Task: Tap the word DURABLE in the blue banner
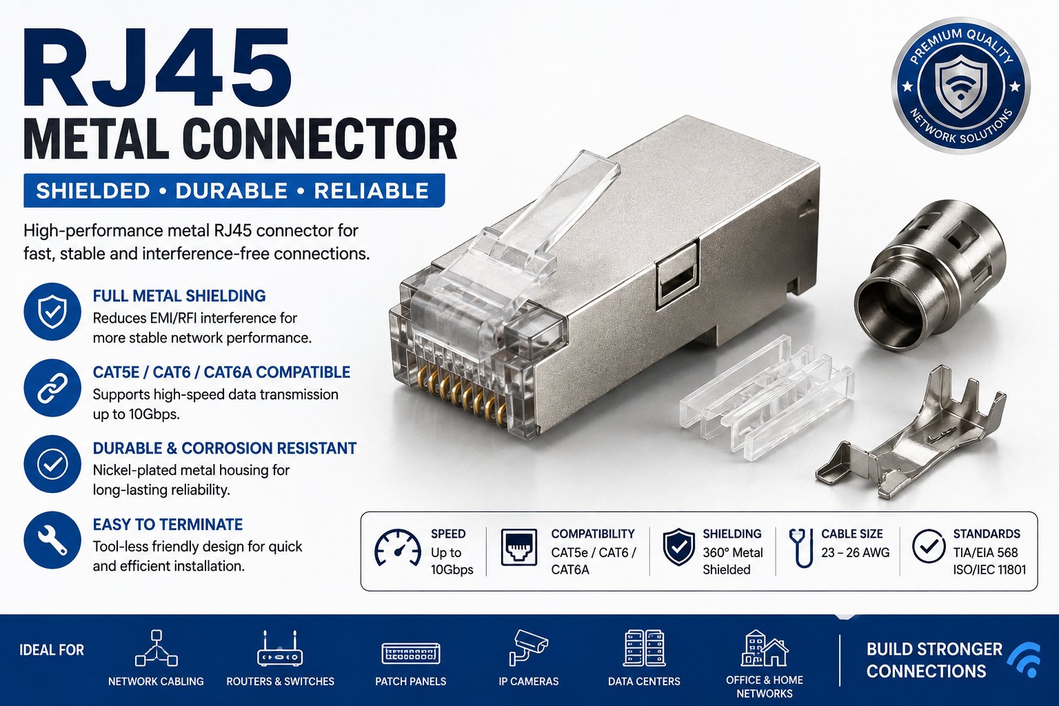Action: pyautogui.click(x=232, y=190)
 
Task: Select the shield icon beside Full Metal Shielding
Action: pyautogui.click(x=52, y=312)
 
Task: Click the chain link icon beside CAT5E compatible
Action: pyautogui.click(x=52, y=387)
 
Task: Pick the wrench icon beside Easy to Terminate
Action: pyautogui.click(x=52, y=540)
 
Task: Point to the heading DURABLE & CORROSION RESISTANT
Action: pyautogui.click(x=225, y=448)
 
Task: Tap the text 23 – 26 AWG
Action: pyautogui.click(x=855, y=552)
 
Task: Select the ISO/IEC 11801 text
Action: pyautogui.click(x=989, y=569)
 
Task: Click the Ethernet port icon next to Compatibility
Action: pyautogui.click(x=518, y=547)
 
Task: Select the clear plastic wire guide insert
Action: pyautogui.click(x=766, y=397)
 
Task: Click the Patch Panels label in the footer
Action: pyautogui.click(x=410, y=681)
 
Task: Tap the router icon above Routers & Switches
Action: pyautogui.click(x=280, y=649)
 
